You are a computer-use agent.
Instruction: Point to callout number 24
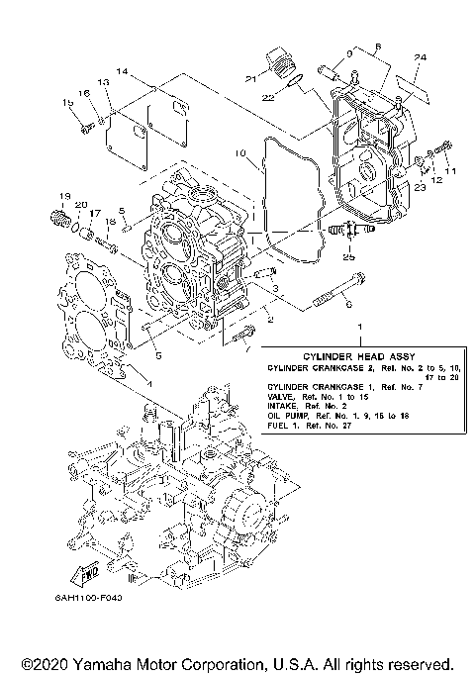tap(420, 59)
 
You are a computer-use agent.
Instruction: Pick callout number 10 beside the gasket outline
tap(239, 154)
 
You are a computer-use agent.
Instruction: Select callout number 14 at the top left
tap(122, 72)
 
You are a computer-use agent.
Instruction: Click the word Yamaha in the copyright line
tap(106, 662)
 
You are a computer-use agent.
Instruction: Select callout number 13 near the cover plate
tap(103, 82)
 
